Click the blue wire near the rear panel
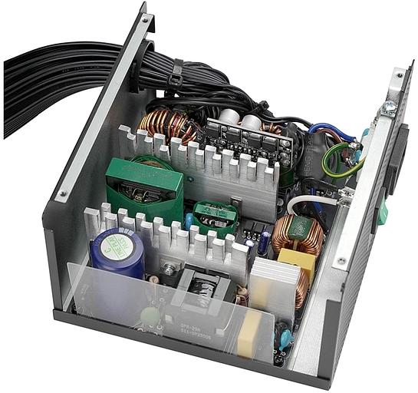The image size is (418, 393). (337, 130)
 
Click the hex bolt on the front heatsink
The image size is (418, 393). (168, 269)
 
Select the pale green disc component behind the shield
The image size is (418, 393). (150, 315)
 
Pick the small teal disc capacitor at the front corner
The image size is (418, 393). (285, 339)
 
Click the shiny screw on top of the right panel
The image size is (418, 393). (390, 107)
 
